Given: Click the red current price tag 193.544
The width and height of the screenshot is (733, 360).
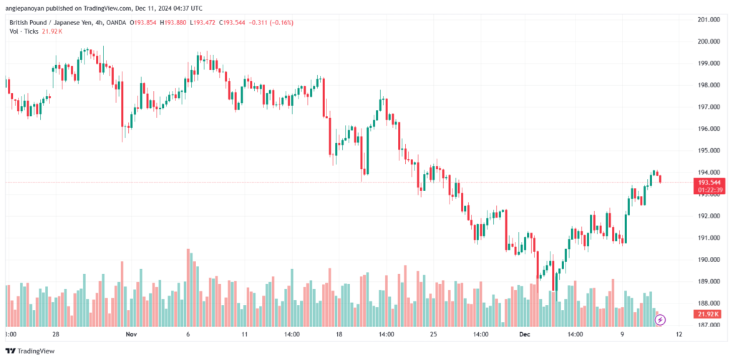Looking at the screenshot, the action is [709, 183].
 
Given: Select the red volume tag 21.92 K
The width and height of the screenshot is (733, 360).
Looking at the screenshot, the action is [709, 313].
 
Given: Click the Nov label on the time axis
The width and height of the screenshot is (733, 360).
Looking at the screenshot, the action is [132, 335].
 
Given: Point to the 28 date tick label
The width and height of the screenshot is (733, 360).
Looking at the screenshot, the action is [56, 335].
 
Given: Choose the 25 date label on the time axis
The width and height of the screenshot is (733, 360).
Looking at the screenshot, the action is [433, 335].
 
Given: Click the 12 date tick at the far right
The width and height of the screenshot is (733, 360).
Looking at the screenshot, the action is [679, 335].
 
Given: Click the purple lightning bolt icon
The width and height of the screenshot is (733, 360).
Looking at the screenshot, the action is [660, 320].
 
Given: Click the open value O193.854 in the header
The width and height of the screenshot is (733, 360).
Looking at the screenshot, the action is [144, 23].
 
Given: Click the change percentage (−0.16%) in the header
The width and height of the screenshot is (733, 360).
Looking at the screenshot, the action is [281, 23].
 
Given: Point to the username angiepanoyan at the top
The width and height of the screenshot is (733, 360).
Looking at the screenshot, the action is [24, 7].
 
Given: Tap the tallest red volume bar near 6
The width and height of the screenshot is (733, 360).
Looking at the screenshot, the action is [188, 288].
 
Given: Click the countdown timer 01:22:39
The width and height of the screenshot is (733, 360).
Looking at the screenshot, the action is [709, 190].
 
